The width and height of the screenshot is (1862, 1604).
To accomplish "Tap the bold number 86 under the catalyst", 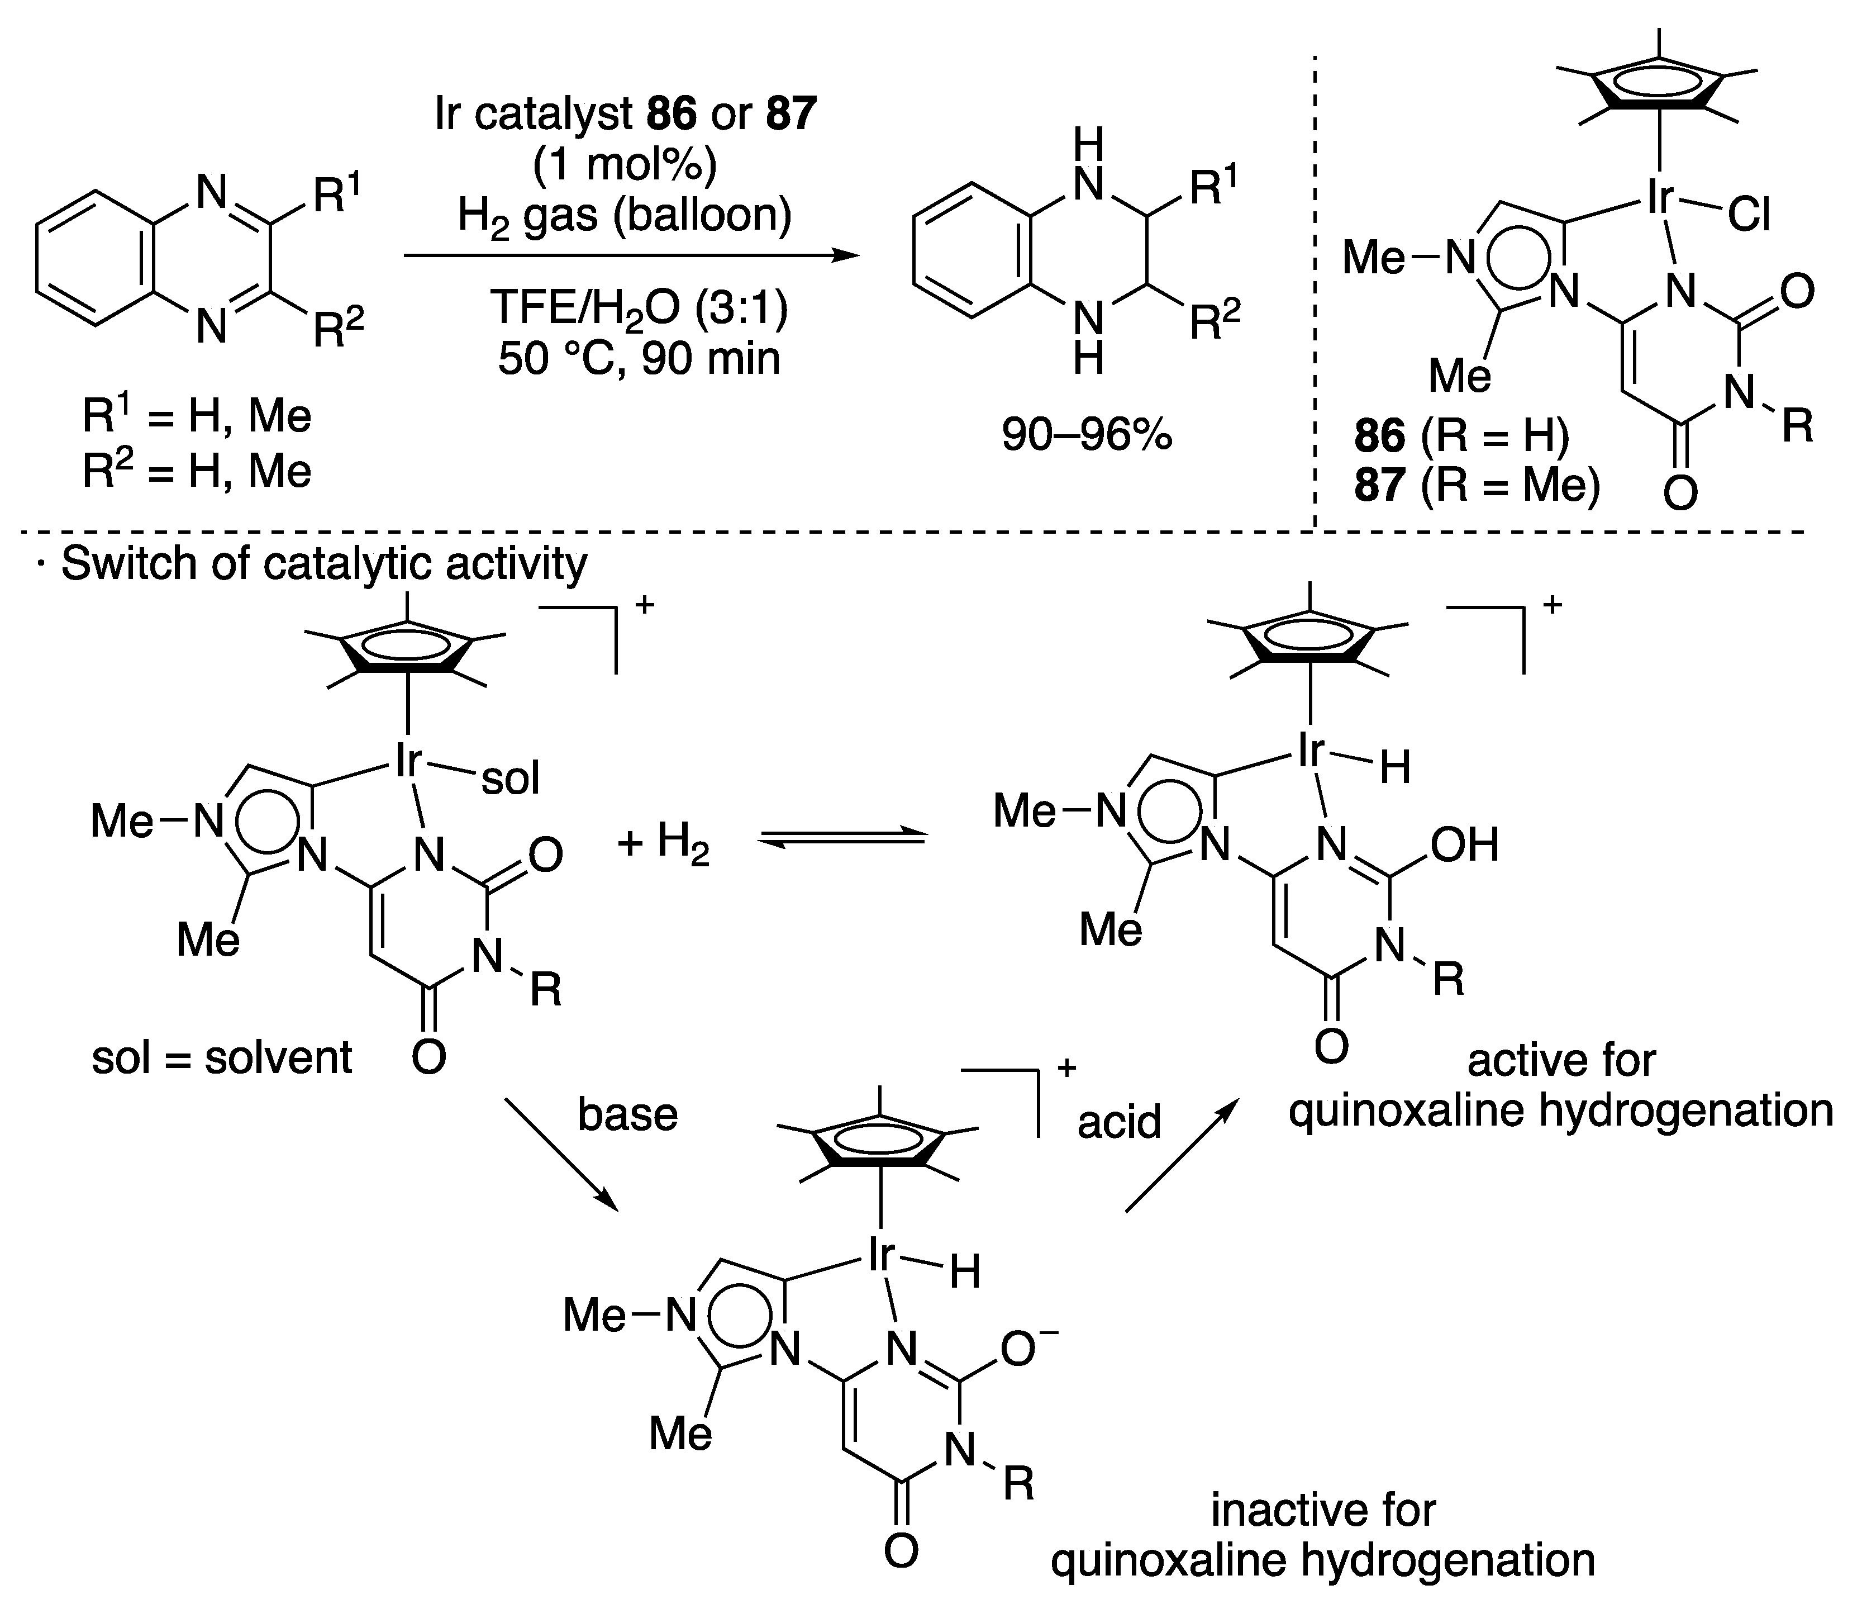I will pos(1379,435).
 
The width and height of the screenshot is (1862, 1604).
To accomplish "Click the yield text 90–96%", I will pos(1087,437).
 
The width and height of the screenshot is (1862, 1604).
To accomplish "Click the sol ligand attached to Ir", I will pos(511,779).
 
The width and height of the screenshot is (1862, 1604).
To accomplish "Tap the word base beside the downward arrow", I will pos(627,1115).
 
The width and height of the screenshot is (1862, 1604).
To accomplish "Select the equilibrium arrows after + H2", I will pos(842,838).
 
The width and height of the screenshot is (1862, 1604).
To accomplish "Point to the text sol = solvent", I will pos(221,1058).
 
